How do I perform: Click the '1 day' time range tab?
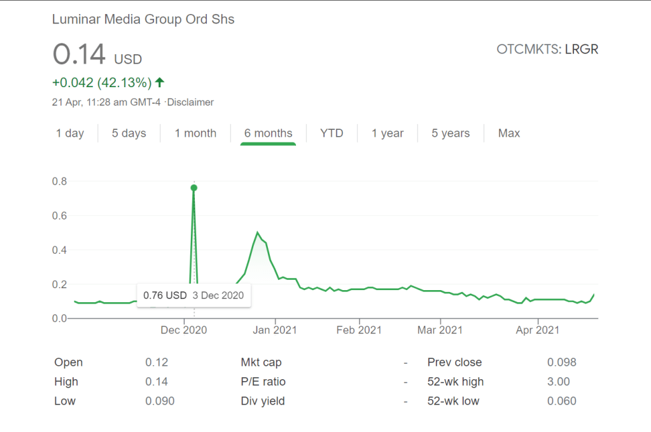click(x=70, y=133)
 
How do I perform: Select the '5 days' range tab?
click(x=129, y=133)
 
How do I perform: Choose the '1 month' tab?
click(x=195, y=133)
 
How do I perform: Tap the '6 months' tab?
click(x=268, y=133)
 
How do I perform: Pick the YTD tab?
click(x=332, y=133)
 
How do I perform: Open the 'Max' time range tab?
click(x=509, y=133)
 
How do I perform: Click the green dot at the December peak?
click(x=194, y=188)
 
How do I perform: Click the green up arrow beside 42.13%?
click(x=160, y=82)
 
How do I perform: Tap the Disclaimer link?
click(x=191, y=102)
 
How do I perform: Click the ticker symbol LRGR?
click(x=582, y=49)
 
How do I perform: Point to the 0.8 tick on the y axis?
click(x=60, y=181)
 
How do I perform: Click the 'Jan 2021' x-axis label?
click(x=276, y=330)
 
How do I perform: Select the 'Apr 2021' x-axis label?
click(x=538, y=330)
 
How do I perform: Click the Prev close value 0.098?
click(x=562, y=362)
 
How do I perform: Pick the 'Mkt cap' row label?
click(x=261, y=362)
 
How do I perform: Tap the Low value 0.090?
click(x=160, y=401)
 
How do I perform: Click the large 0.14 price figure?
click(x=79, y=55)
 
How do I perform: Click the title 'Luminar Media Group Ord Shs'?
click(x=143, y=19)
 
